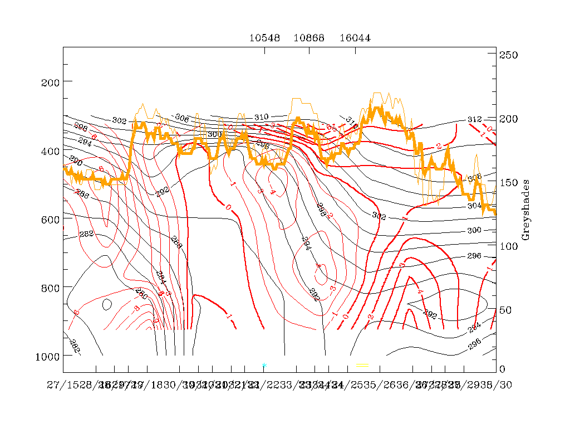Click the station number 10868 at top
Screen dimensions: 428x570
coord(309,38)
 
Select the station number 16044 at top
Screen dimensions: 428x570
coord(355,38)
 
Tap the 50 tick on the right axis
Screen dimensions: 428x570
coord(509,309)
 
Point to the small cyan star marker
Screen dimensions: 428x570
coord(264,365)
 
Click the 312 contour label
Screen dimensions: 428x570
coord(474,120)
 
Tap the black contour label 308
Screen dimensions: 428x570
coord(474,178)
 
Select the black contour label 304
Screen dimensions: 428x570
coord(474,206)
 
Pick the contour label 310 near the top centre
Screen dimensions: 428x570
coord(261,117)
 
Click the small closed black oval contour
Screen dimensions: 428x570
coord(107,304)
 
